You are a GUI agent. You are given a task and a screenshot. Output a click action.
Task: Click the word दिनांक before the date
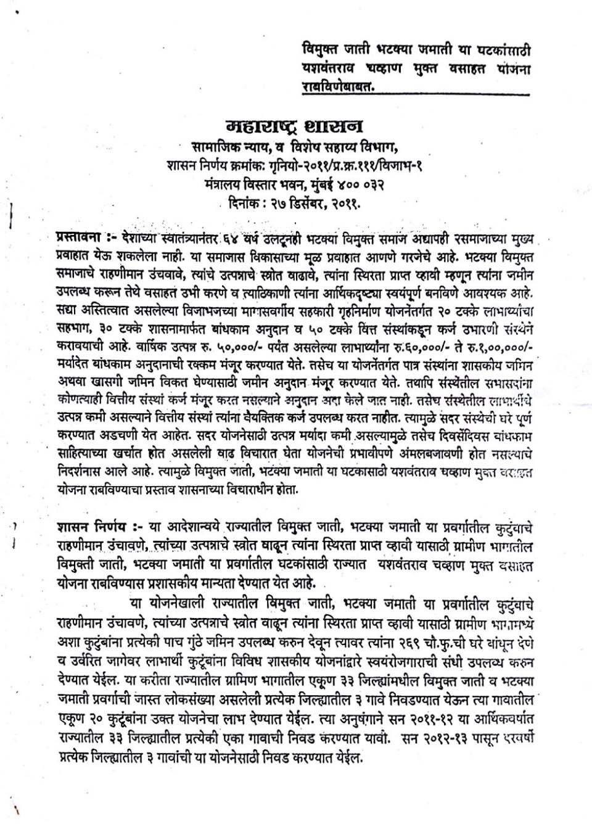pos(242,201)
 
